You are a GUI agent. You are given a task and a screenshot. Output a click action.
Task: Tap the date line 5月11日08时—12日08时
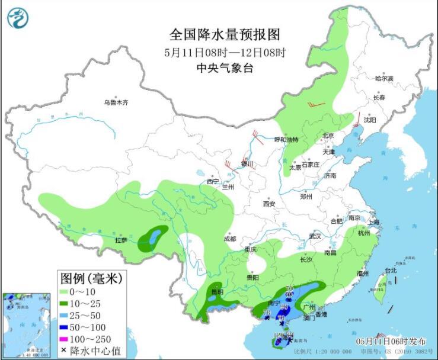coord(225,52)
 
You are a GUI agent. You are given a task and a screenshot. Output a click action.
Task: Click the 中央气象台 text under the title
coord(225,68)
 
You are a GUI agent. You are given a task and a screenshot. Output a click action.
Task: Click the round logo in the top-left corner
coord(18,18)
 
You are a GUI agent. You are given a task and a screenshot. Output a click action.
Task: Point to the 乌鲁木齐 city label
coord(116,102)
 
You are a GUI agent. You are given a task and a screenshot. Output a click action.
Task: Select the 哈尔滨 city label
coord(384,78)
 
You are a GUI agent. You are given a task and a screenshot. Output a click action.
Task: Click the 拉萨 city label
coord(121,240)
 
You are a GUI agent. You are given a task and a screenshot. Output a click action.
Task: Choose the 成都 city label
coord(230,239)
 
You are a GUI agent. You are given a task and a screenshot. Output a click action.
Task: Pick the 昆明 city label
coord(218,292)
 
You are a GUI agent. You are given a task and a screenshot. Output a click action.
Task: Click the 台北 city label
coord(391,271)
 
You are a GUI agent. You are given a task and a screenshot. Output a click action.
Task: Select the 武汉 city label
coord(314,236)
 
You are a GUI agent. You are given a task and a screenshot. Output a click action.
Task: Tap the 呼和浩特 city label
coord(286,140)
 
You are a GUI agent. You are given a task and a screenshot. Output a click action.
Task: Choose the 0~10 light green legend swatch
coord(66,292)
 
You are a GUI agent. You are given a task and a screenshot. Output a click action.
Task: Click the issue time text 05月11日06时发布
coord(391,342)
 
